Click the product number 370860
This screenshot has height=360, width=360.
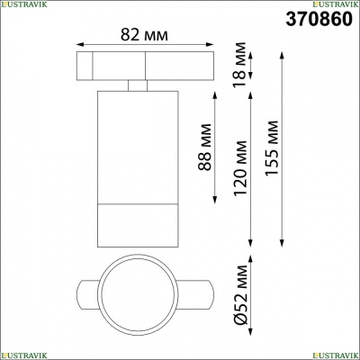coord(319,19)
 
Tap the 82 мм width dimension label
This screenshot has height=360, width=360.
coord(144,35)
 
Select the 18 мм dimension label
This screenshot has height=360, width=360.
coord(240,65)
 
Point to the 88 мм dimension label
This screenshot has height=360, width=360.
coord(205,147)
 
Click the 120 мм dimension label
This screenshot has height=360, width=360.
coord(240,168)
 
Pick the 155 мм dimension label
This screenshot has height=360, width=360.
coord(272,148)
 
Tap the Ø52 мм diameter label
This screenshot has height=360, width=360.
coord(241,294)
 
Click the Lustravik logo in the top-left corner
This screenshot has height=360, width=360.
coord(24,4)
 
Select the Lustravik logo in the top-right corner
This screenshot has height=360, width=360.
coord(336,4)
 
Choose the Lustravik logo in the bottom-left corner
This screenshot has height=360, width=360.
coord(24,355)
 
